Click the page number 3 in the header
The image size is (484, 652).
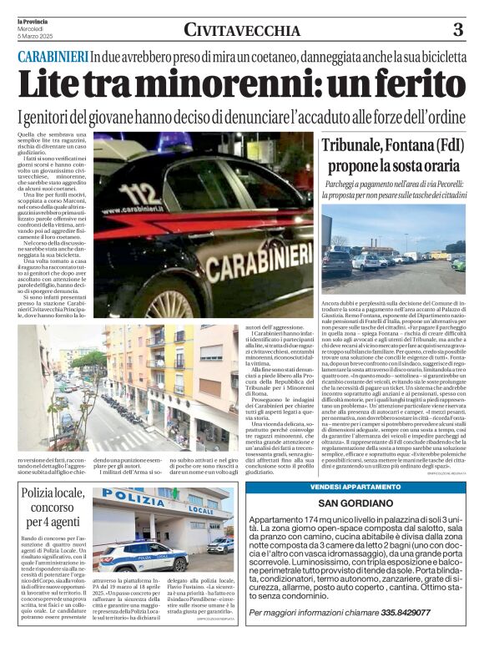click(458, 31)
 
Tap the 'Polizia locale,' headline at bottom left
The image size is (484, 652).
click(53, 498)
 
